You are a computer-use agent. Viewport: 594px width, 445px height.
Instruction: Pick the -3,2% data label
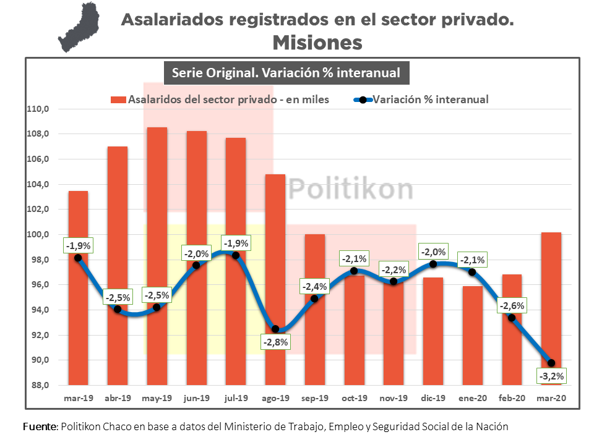coord(551,376)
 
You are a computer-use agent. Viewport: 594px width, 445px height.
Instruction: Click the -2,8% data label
coord(275,342)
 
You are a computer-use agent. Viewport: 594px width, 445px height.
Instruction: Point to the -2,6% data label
coord(512,305)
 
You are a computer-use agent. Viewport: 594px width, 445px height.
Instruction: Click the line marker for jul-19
coord(235,255)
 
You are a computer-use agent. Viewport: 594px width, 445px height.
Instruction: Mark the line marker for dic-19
coord(433,264)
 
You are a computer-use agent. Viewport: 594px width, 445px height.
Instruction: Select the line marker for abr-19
coord(118,309)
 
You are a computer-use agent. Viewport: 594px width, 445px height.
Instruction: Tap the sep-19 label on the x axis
coord(315,398)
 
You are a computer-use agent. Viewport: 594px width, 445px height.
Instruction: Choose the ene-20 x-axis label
coord(472,398)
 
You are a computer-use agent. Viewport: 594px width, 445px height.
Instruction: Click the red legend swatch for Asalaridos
coord(118,100)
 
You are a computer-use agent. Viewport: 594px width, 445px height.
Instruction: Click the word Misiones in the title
coord(317,42)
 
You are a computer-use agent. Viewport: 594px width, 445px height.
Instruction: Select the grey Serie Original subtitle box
coord(286,73)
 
